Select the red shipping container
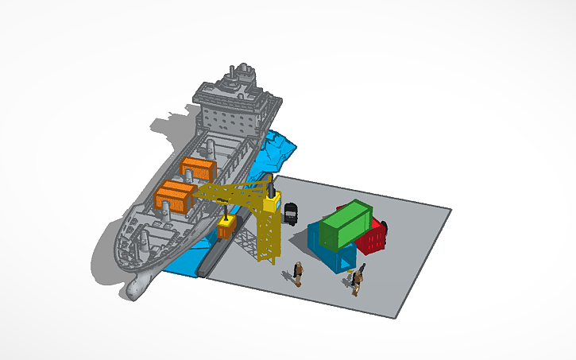point(372,237)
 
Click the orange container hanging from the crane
point(226,230)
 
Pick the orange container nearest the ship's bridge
point(198,169)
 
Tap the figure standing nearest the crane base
point(298,273)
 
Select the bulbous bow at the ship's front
point(135,288)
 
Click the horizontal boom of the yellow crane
point(234,191)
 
